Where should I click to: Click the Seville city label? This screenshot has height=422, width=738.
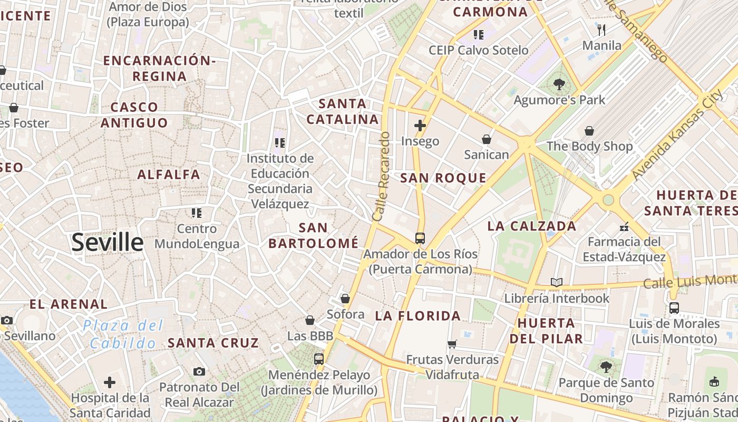click(x=107, y=243)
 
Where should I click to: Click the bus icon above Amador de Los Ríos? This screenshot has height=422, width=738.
click(x=420, y=238)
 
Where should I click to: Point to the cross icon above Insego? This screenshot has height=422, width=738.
click(x=420, y=126)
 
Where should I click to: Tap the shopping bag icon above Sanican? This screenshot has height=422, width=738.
click(x=486, y=139)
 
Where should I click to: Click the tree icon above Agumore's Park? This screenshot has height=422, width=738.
click(x=559, y=84)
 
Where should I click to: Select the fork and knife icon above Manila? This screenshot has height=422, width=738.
click(x=601, y=30)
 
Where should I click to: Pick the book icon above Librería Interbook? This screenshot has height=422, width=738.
click(x=556, y=282)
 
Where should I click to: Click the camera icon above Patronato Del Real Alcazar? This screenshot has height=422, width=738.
click(x=199, y=371)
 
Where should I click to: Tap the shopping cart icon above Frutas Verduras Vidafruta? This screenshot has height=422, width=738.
click(x=452, y=344)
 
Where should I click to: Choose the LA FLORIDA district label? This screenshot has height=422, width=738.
click(x=418, y=316)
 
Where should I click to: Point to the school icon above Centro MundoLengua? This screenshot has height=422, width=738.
click(x=197, y=213)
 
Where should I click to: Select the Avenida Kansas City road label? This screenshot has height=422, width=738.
click(x=677, y=135)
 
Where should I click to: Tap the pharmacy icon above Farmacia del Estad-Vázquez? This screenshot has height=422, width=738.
click(x=624, y=227)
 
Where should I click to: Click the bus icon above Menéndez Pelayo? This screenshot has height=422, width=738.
click(x=319, y=359)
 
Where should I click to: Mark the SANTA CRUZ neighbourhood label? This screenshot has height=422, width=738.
click(x=213, y=343)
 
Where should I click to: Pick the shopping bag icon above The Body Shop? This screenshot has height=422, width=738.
click(x=589, y=130)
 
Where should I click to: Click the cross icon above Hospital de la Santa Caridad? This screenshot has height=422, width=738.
click(x=110, y=382)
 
